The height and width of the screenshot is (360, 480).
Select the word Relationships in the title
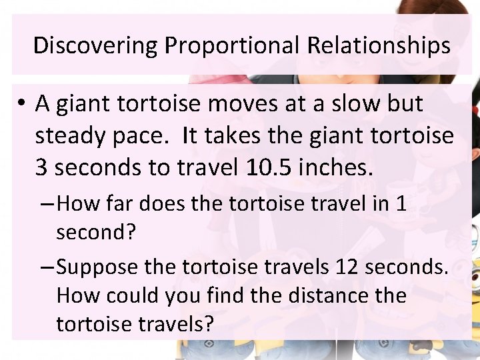point(378,46)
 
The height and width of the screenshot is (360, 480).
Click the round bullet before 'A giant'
point(22,105)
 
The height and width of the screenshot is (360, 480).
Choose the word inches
point(336,168)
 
